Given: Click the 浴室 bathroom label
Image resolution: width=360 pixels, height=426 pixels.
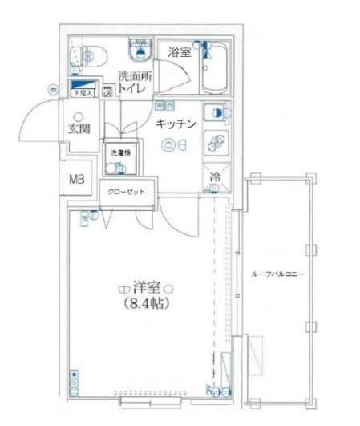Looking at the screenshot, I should pos(178,52).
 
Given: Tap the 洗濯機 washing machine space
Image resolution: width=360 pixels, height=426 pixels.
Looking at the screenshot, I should pos(119,161).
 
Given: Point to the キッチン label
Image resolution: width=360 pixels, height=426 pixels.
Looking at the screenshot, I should pos(176,124).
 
